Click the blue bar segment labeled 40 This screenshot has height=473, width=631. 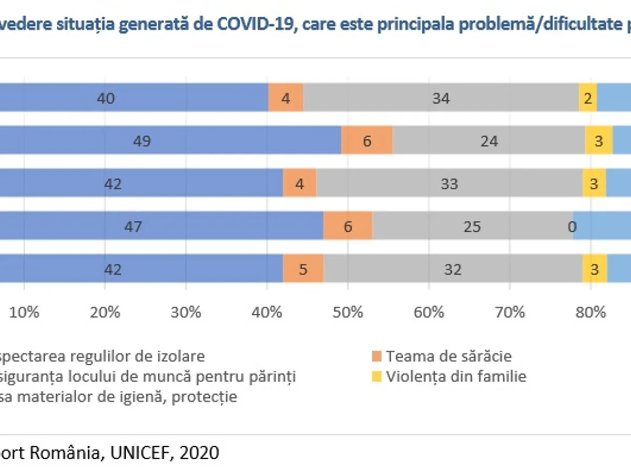click(x=131, y=98)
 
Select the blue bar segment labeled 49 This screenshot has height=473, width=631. click(x=168, y=141)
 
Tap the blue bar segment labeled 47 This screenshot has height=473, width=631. click(x=158, y=227)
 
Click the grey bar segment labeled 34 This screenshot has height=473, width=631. click(x=441, y=98)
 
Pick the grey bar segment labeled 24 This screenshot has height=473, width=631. click(x=489, y=141)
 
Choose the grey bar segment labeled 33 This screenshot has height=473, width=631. click(x=450, y=184)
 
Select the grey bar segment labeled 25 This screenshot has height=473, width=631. click(x=472, y=227)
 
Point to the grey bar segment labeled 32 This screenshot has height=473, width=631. click(x=453, y=269)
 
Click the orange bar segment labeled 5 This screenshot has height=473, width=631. click(x=303, y=269)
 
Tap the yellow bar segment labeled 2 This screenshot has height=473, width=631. click(x=588, y=98)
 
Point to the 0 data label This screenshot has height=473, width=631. click(x=572, y=227)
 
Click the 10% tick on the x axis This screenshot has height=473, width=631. click(x=24, y=312)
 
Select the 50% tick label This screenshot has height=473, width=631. click(x=348, y=312)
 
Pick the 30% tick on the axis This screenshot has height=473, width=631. click(x=186, y=312)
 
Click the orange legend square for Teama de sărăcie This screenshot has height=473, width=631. click(x=376, y=356)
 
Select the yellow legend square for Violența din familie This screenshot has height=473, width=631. click(x=376, y=376)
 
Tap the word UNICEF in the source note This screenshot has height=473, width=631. click(x=142, y=452)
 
